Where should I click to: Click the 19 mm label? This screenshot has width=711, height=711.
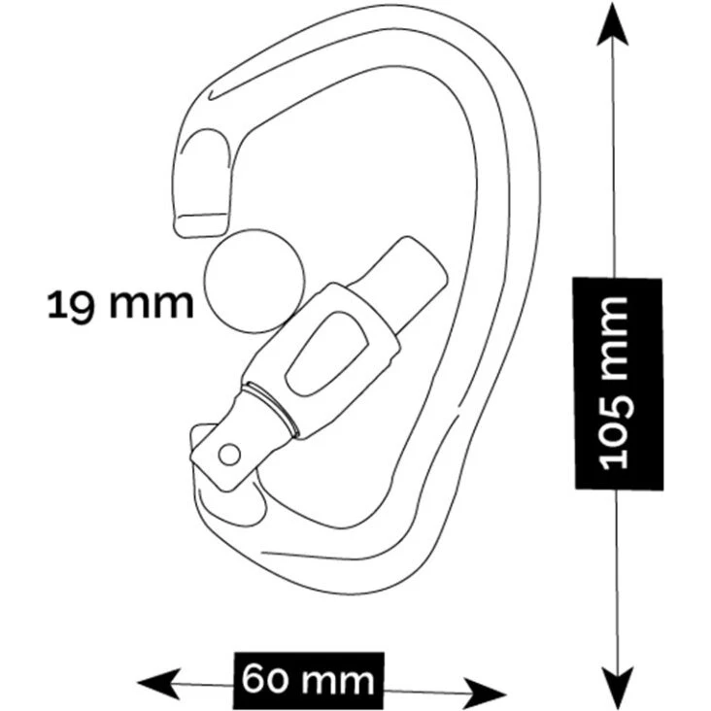[120, 304]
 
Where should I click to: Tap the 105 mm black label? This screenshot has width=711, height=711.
[617, 383]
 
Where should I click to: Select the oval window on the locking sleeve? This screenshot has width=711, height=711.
[323, 354]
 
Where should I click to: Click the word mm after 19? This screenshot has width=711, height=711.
[151, 304]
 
